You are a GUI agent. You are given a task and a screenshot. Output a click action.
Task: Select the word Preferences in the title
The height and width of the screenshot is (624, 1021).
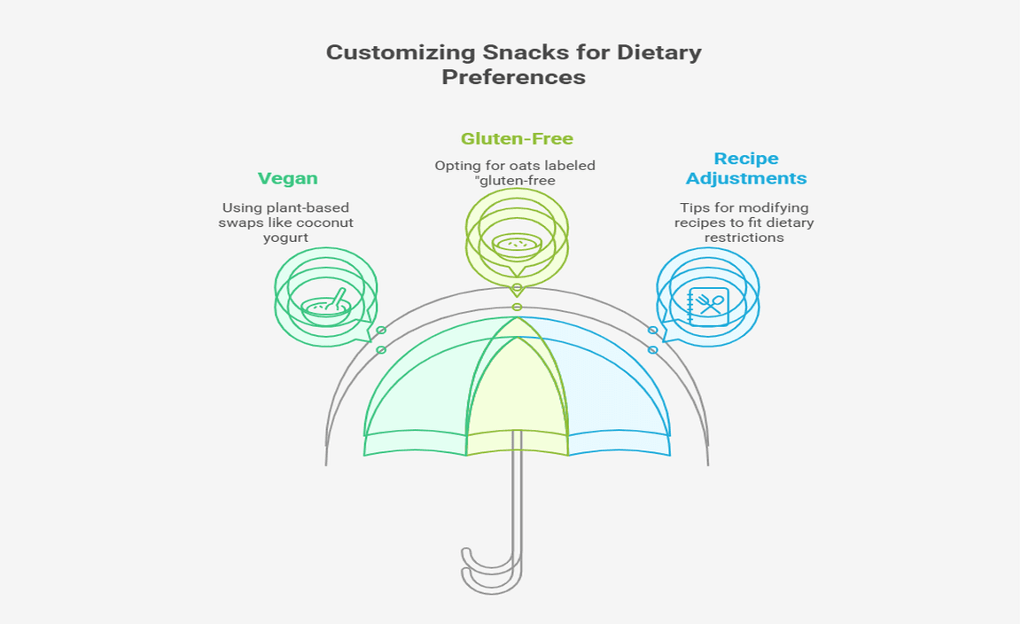click(513, 77)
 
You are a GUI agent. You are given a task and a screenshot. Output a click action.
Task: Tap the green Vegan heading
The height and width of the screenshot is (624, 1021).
click(287, 178)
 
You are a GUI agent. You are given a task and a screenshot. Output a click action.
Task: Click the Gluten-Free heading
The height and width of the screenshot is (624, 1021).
click(517, 138)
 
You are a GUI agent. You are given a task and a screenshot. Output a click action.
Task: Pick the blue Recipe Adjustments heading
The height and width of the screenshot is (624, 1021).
click(746, 168)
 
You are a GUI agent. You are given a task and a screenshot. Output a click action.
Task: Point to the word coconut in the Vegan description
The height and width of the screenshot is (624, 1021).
click(323, 222)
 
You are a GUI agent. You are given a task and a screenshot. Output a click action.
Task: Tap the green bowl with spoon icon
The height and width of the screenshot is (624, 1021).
click(326, 306)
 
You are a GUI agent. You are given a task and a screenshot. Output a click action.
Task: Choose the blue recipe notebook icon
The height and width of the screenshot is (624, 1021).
click(708, 307)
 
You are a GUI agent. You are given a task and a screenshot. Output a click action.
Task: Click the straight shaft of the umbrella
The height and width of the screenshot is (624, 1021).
click(517, 505)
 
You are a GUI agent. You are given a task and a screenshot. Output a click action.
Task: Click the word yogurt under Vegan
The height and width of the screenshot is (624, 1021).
click(286, 238)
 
